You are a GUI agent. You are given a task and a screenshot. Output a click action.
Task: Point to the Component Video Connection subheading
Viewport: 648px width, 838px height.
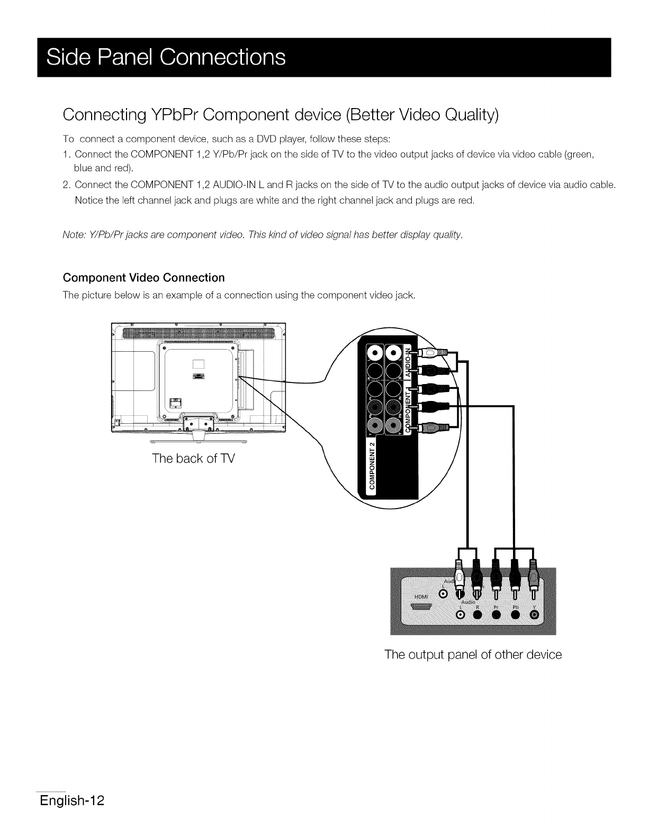pyautogui.click(x=143, y=278)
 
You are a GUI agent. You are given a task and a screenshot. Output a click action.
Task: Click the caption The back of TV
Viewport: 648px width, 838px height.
pyautogui.click(x=193, y=458)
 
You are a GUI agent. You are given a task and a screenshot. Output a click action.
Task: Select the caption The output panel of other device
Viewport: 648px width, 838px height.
pyautogui.click(x=473, y=654)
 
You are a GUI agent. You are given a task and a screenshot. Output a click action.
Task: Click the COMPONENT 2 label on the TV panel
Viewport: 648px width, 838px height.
pyautogui.click(x=373, y=463)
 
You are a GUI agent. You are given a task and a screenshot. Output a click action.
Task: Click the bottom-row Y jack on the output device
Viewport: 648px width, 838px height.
pyautogui.click(x=534, y=614)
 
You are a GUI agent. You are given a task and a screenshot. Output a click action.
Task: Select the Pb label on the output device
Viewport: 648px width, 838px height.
pyautogui.click(x=514, y=607)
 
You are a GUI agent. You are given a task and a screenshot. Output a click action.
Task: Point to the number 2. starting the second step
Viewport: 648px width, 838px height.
pyautogui.click(x=67, y=185)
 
